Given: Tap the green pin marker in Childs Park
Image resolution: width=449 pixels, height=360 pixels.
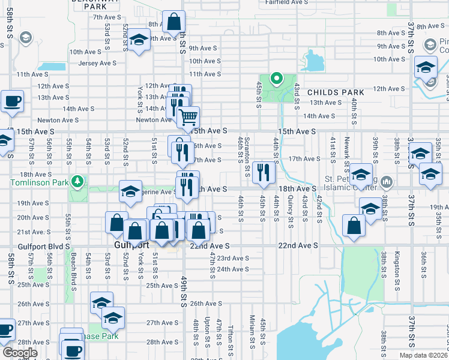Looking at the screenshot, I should pyautogui.click(x=276, y=78).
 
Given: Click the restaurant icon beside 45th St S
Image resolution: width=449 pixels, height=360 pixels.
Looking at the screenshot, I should pyautogui.click(x=264, y=173).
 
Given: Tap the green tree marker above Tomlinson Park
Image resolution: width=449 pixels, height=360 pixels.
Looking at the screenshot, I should pyautogui.click(x=77, y=181).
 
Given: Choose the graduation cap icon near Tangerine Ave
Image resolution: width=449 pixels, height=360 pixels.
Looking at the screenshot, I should pyautogui.click(x=130, y=191).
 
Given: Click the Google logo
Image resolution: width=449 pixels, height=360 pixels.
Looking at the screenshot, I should pyautogui.click(x=19, y=353).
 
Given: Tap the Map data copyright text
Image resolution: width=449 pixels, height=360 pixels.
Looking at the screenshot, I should pyautogui.click(x=423, y=355).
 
